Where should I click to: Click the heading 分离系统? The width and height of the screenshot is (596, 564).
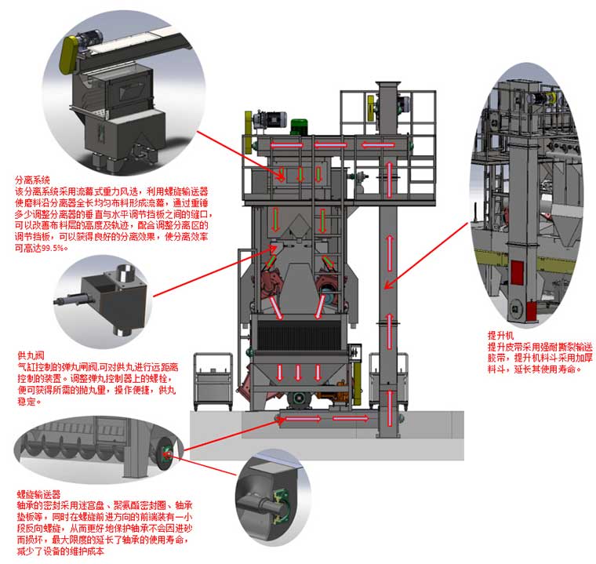(32, 179)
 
